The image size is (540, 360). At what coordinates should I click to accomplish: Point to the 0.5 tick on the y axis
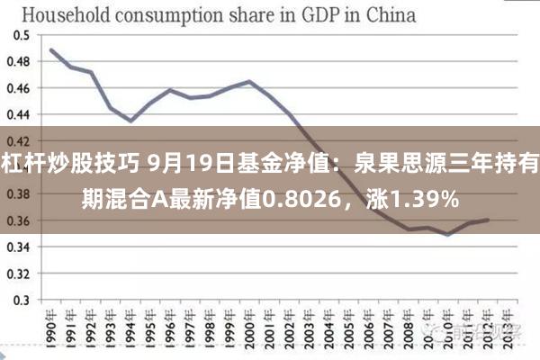pyautogui.click(x=21, y=35)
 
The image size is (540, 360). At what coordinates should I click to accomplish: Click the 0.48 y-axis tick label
pyautogui.click(x=18, y=62)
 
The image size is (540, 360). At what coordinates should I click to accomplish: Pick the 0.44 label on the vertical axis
pyautogui.click(x=18, y=114)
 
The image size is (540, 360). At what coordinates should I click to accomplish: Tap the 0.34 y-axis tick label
pyautogui.click(x=18, y=247)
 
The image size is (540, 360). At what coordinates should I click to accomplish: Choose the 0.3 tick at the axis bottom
pyautogui.click(x=21, y=300)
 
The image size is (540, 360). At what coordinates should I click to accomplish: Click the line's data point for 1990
pyautogui.click(x=51, y=49)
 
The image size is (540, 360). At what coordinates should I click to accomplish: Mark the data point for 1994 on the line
pyautogui.click(x=130, y=121)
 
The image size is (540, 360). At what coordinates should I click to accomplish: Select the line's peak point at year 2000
pyautogui.click(x=249, y=83)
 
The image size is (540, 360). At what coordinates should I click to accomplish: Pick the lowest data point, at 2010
pyautogui.click(x=448, y=234)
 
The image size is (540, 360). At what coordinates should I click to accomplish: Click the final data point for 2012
pyautogui.click(x=488, y=220)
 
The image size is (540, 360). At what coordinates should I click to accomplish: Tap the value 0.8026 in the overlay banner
pyautogui.click(x=314, y=197)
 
